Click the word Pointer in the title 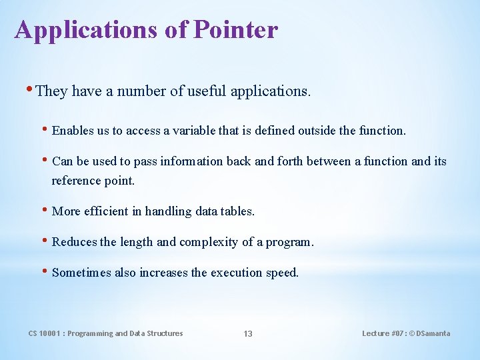(235, 30)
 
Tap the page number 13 (247, 333)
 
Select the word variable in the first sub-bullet (194, 131)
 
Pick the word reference (75, 181)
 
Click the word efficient (105, 211)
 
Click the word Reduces (74, 242)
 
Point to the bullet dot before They (30, 90)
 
